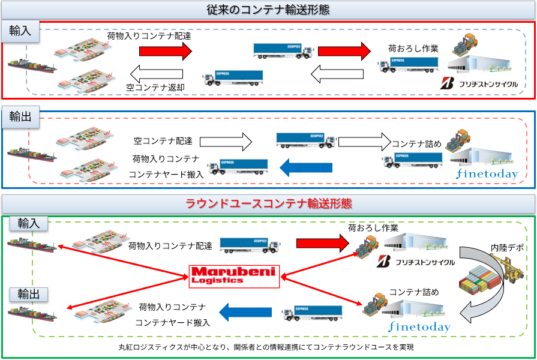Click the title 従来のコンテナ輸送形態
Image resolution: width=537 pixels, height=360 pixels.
tap(268, 10)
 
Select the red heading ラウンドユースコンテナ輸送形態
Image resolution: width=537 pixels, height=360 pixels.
tap(268, 203)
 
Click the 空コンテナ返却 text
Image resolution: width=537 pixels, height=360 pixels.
tap(155, 87)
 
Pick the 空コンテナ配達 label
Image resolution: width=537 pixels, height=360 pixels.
tap(163, 142)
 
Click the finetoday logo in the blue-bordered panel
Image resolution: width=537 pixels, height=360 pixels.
tap(487, 175)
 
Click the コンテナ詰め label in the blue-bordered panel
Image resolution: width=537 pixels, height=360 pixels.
tap(416, 143)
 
